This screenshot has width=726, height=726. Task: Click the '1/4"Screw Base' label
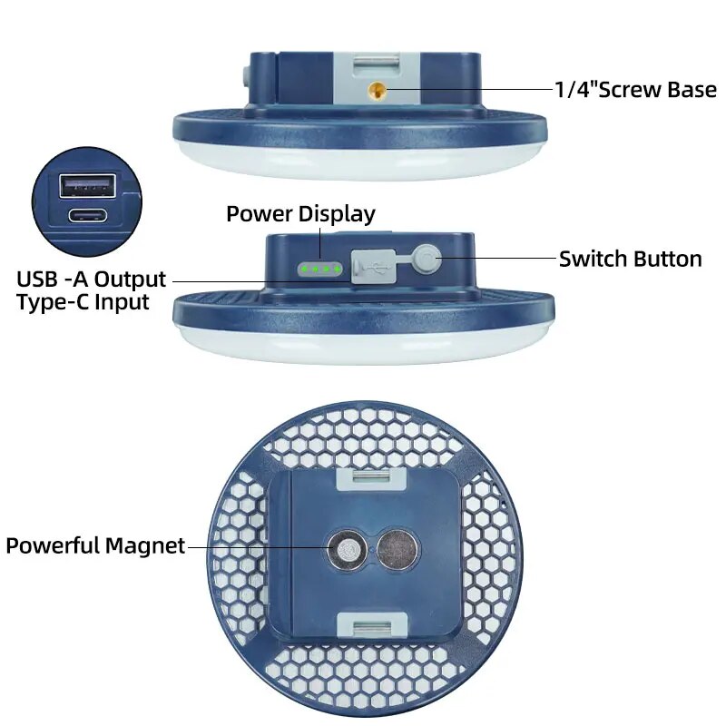[635, 90]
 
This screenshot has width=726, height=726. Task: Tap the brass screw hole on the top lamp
[375, 90]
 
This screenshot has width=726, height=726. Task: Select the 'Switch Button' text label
[630, 259]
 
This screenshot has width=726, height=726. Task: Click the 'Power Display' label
[300, 214]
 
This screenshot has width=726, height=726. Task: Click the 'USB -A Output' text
[92, 279]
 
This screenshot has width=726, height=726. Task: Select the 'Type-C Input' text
[83, 302]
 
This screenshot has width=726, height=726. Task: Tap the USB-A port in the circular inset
[87, 185]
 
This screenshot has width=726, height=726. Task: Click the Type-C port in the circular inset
[88, 216]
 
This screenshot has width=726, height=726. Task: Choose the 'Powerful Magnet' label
[95, 546]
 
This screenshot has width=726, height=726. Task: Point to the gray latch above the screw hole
[374, 63]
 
